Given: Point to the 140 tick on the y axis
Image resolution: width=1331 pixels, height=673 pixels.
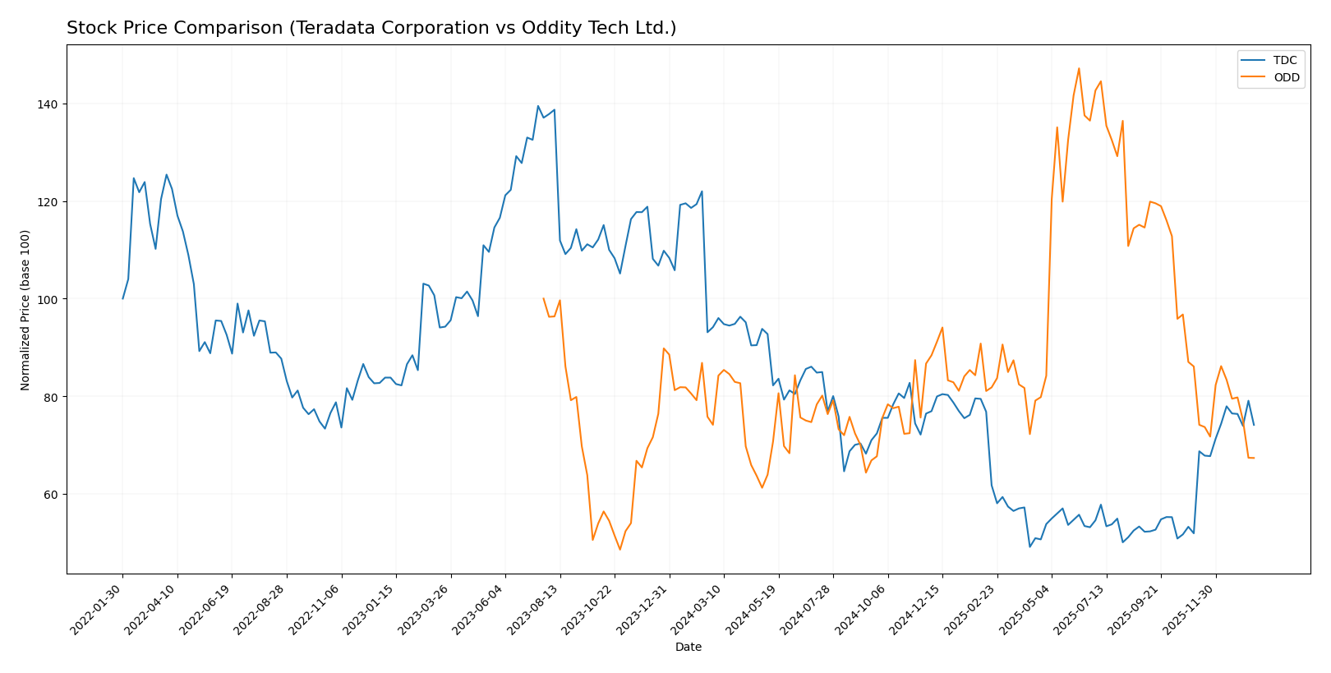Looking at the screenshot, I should click(49, 104).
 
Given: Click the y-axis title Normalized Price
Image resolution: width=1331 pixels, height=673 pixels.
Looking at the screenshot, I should click(25, 310).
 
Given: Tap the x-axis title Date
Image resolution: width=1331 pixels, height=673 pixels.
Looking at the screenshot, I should click(689, 648).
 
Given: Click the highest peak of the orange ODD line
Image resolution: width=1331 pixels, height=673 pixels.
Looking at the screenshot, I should click(1079, 68).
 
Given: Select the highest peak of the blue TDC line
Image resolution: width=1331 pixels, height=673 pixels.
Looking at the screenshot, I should click(538, 106).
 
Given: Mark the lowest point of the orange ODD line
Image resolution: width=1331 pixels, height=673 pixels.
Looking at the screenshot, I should click(619, 550).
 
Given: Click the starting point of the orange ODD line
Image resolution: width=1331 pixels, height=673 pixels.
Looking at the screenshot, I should click(543, 298).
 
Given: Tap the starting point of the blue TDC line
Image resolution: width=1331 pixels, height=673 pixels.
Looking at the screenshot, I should click(122, 298).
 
